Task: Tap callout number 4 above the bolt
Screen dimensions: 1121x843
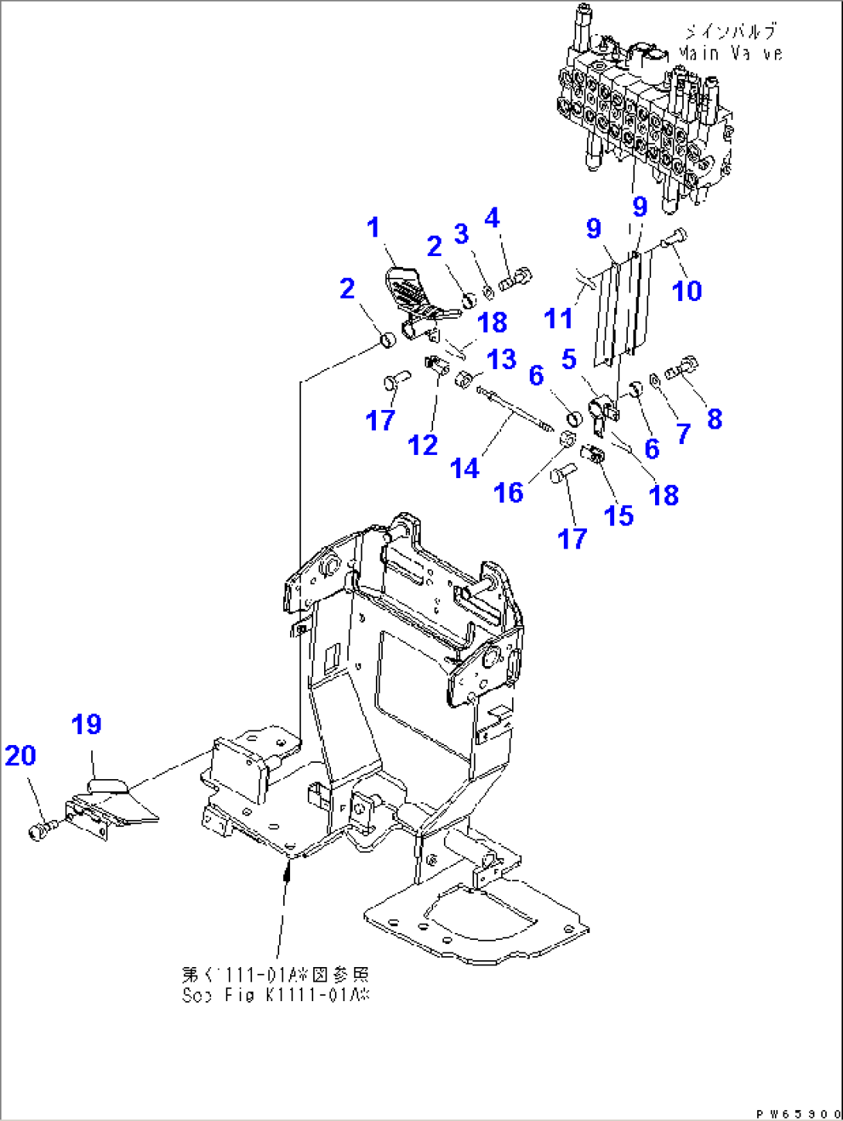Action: [493, 218]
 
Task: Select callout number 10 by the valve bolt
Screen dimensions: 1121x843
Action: [687, 291]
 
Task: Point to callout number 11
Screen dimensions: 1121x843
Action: [558, 318]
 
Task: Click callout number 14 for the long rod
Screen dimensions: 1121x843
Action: [464, 468]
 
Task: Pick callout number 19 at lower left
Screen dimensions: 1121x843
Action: [87, 725]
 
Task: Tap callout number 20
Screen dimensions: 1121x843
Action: [21, 755]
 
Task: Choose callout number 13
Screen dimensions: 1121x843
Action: [502, 359]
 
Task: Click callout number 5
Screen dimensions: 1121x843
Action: [569, 359]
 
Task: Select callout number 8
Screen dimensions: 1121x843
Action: [715, 419]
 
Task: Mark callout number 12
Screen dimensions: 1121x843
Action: [423, 445]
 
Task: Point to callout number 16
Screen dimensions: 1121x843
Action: [508, 492]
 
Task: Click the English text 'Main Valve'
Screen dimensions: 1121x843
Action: [730, 53]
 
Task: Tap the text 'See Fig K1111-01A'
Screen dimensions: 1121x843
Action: [275, 995]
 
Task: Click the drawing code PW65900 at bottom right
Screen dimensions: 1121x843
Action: [797, 1114]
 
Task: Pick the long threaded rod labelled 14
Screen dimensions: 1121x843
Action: [516, 409]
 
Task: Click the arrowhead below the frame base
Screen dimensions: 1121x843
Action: [288, 873]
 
